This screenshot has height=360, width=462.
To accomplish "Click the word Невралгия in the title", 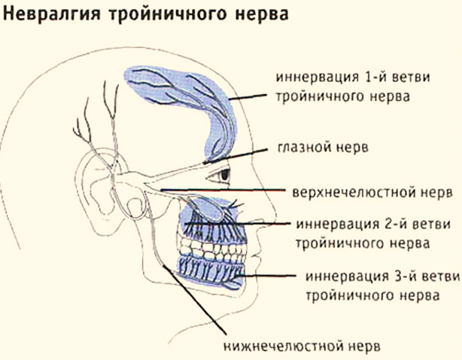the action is (x=51, y=14).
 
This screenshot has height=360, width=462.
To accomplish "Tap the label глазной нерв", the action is (x=323, y=147).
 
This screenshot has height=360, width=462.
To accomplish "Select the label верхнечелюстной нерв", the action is (x=372, y=193).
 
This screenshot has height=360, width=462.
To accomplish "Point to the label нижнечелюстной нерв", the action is (x=302, y=346).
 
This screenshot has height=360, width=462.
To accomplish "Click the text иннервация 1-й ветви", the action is (x=353, y=78).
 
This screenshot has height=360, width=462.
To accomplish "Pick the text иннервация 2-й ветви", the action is (x=373, y=224).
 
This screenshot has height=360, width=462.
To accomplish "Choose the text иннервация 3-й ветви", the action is (x=382, y=277).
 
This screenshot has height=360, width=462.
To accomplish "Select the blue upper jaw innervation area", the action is (x=213, y=218).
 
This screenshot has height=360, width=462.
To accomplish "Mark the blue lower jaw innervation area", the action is (x=211, y=271).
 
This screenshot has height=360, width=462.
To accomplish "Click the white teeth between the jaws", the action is (x=213, y=249).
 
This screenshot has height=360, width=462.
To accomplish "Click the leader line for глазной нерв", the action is (x=235, y=156).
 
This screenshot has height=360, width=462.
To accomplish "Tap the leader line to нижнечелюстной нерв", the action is (x=194, y=300).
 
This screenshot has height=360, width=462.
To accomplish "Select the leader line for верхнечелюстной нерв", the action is (x=223, y=191).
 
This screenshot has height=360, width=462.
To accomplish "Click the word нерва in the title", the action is (x=262, y=14).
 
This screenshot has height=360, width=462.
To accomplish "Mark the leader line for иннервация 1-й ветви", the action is (x=248, y=96).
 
